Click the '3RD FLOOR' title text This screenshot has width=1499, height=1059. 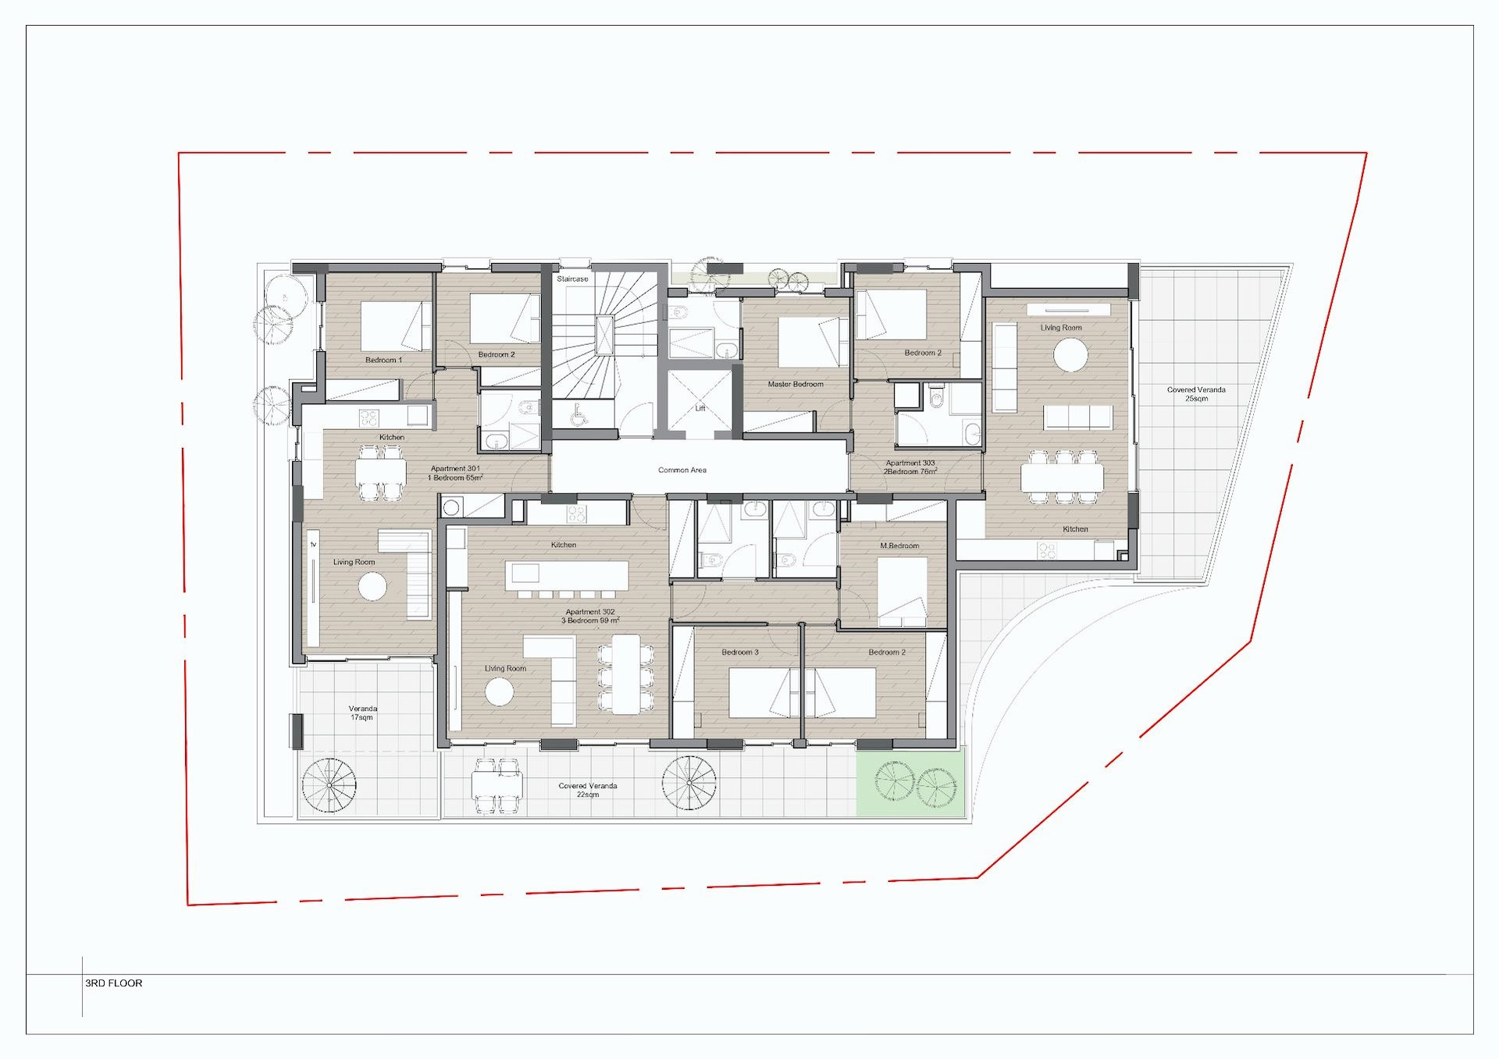114,983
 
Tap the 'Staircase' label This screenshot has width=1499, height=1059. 572,279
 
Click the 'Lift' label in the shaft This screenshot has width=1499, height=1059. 700,408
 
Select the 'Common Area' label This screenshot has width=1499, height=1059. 682,470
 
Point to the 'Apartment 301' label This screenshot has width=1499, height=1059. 455,469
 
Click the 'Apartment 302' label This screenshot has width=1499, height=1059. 590,613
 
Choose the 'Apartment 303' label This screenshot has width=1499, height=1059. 910,463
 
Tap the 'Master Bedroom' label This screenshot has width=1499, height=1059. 796,384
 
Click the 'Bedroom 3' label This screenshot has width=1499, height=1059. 740,652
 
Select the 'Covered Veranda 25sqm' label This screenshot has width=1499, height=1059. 1196,394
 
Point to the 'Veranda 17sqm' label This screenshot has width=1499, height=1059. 362,713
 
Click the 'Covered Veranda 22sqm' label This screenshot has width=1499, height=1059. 588,790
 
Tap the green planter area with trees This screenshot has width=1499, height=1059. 910,782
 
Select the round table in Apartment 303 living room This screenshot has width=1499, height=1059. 1070,356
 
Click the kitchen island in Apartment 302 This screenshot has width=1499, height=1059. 567,576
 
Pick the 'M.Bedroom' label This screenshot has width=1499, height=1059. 899,545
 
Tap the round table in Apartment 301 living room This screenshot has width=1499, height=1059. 372,586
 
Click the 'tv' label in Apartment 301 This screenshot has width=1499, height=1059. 314,544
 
